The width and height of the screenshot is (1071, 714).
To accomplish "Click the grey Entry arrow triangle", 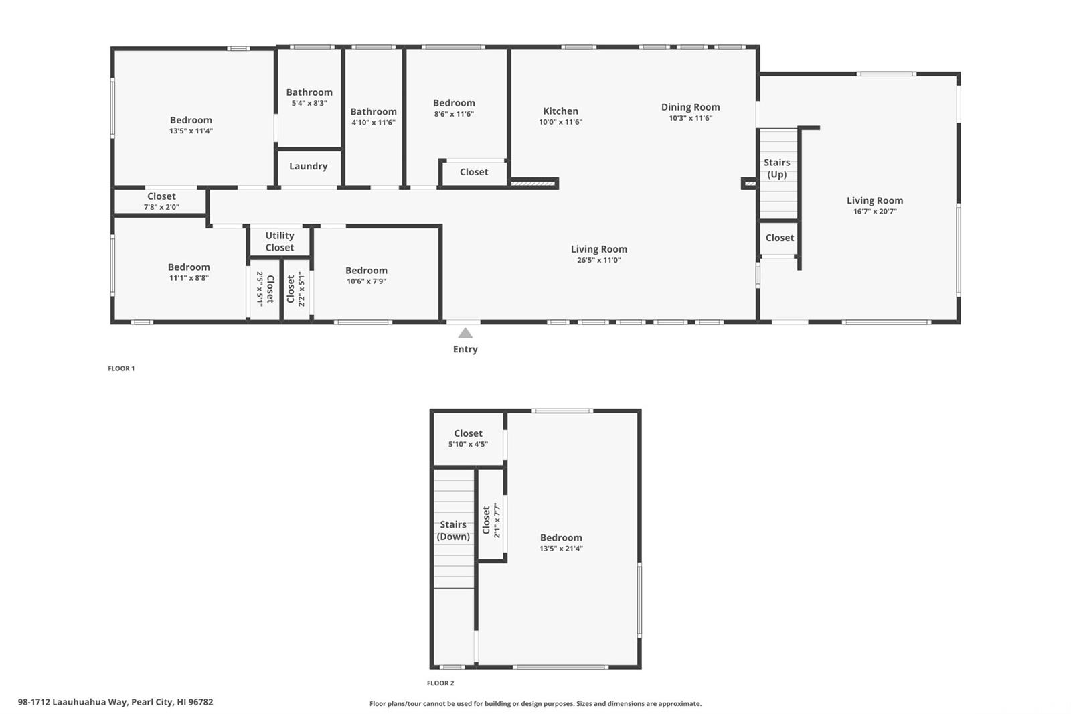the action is pyautogui.click(x=465, y=333).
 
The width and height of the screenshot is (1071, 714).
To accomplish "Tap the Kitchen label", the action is pyautogui.click(x=560, y=111).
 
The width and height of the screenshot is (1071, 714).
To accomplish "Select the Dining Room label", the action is pyautogui.click(x=690, y=107).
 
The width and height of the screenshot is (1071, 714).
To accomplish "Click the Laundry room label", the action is pyautogui.click(x=309, y=167).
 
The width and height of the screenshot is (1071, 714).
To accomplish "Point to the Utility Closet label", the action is pyautogui.click(x=280, y=242).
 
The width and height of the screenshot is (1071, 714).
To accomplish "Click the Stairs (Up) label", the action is pyautogui.click(x=777, y=168).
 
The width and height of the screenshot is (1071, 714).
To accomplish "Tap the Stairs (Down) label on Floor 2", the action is pyautogui.click(x=453, y=530).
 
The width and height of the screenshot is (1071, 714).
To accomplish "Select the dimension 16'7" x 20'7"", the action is pyautogui.click(x=875, y=212).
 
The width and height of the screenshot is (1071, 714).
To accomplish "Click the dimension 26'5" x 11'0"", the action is pyautogui.click(x=598, y=261).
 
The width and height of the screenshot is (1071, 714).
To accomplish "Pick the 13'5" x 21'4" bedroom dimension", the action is pyautogui.click(x=561, y=549).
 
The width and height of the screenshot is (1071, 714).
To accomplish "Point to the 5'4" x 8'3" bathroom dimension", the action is pyautogui.click(x=309, y=103).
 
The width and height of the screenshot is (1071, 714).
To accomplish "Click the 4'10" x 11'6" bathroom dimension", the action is pyautogui.click(x=374, y=123).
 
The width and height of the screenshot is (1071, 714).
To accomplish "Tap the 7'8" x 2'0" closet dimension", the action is pyautogui.click(x=161, y=207).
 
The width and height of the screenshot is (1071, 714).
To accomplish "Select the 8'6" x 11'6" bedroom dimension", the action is pyautogui.click(x=454, y=114).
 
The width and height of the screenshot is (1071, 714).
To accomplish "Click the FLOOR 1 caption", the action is pyautogui.click(x=121, y=368).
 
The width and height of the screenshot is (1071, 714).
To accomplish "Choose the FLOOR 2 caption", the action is pyautogui.click(x=440, y=683).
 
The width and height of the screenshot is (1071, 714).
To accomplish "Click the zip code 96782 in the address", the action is pyautogui.click(x=201, y=702).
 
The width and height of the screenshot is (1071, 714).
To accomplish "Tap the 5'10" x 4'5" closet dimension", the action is pyautogui.click(x=468, y=445).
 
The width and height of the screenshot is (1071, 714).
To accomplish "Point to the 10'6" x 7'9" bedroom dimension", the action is pyautogui.click(x=366, y=281).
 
